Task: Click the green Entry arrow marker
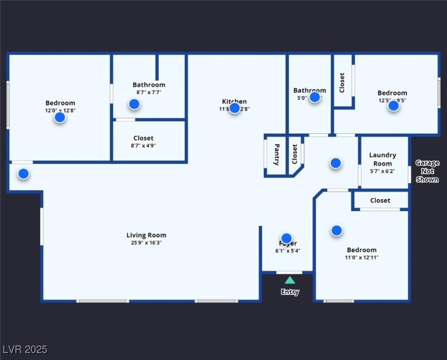(x=290, y=280)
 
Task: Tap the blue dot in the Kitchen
(x=235, y=108)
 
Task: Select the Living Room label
(x=146, y=235)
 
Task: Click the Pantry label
(x=276, y=155)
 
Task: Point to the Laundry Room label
(x=382, y=159)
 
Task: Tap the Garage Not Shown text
(x=427, y=171)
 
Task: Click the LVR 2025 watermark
(x=25, y=349)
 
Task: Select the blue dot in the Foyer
(x=286, y=239)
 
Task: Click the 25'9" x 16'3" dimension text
(x=146, y=243)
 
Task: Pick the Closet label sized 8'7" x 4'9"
(x=143, y=138)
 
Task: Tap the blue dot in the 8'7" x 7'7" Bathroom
(x=134, y=104)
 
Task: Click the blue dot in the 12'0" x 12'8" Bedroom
(x=60, y=118)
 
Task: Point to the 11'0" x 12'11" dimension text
(x=362, y=257)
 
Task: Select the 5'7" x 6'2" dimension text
(x=382, y=171)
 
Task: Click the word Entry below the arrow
(x=290, y=292)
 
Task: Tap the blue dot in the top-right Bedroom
(x=394, y=106)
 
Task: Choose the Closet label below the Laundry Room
(x=380, y=200)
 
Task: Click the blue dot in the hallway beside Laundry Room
(x=335, y=163)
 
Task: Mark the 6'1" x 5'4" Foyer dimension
(x=288, y=251)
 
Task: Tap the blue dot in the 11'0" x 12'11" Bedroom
(x=336, y=231)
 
